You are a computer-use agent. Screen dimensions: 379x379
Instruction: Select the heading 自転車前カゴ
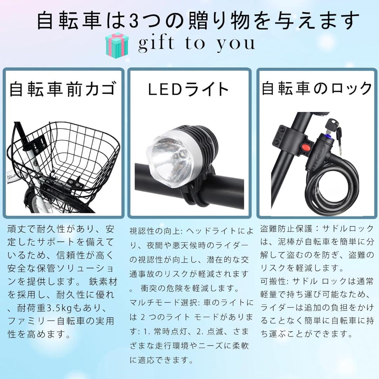62,89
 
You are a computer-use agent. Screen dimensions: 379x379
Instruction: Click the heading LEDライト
188,89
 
